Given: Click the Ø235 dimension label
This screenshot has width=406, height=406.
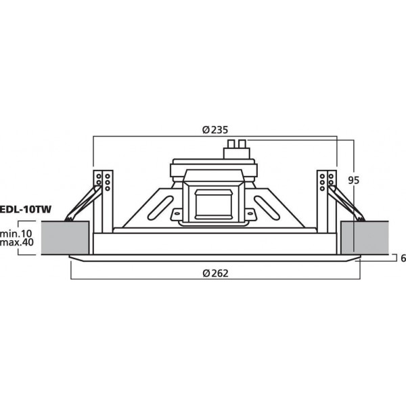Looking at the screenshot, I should coord(215,131).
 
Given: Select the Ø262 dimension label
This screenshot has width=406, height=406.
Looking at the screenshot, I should coord(215,273).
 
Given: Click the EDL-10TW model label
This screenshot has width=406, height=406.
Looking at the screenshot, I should coord(26,210).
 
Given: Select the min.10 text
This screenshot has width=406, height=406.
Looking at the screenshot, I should coord(18,233).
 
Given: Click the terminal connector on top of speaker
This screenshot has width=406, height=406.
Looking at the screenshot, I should coord(236,148).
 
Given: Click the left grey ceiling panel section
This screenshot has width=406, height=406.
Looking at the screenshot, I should coord(65,239).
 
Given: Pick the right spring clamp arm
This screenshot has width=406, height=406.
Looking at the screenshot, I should coord(349,204).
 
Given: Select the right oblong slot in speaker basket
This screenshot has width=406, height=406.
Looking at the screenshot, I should coord(269,204).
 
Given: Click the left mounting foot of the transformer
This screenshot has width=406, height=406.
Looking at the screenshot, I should coord(177,215).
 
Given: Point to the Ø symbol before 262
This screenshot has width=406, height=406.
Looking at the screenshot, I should coord(206,273).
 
